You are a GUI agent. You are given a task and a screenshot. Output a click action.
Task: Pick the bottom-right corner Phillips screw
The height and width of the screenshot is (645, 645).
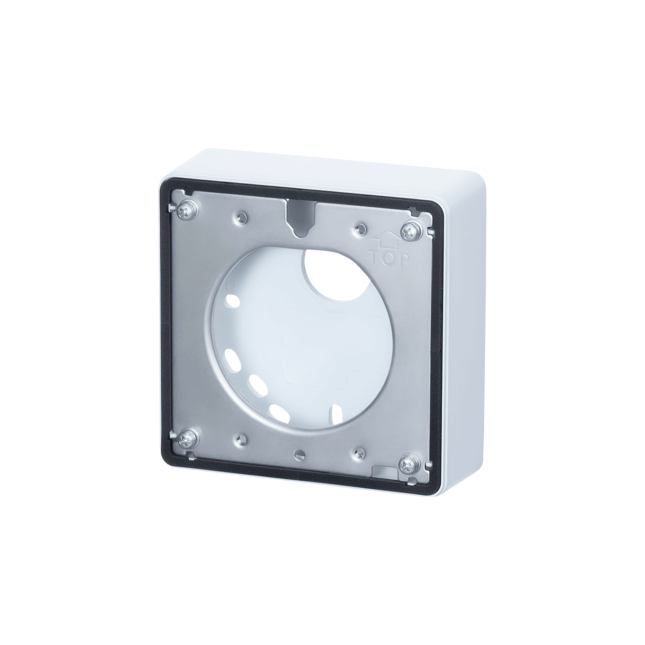click(x=409, y=463)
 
